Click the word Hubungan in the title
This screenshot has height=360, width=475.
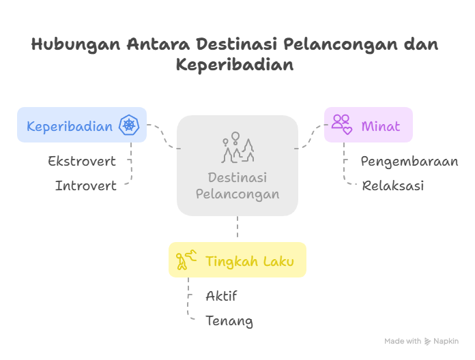[x=76, y=45]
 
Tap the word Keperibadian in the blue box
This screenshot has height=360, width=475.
[x=70, y=126]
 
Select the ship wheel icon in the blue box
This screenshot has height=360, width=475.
[x=129, y=125]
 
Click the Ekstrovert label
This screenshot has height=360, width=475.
[x=82, y=161]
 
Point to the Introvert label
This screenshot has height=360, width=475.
[x=86, y=185]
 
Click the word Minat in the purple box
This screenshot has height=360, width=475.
[x=381, y=126]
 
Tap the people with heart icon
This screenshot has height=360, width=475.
[x=342, y=124]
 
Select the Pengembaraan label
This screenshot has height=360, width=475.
[x=409, y=162]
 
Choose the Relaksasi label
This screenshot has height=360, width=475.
[x=393, y=185]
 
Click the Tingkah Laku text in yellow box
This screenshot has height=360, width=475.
[x=250, y=261]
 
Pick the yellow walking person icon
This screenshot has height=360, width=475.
[x=186, y=260]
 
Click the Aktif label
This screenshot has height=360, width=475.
[x=221, y=295]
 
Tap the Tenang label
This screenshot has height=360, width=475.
[x=229, y=321]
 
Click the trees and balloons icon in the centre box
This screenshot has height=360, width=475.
[x=237, y=148]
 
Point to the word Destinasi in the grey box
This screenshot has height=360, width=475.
[x=237, y=177]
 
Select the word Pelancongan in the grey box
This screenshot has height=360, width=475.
[x=237, y=194]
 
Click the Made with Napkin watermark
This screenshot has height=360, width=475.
[x=421, y=341]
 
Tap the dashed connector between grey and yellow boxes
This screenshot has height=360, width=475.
[x=237, y=226]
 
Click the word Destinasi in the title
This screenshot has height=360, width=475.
[x=237, y=44]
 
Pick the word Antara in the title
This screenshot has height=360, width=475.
[x=158, y=44]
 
